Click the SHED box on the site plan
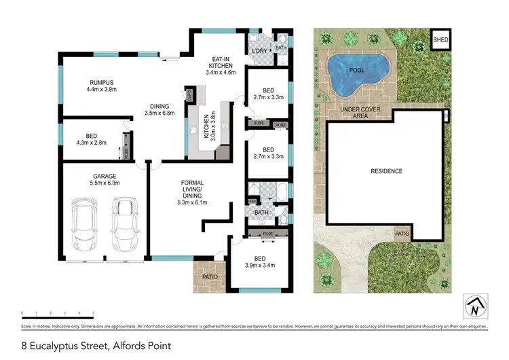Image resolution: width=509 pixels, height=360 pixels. point(440,41)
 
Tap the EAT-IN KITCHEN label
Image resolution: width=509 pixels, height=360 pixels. point(220,64)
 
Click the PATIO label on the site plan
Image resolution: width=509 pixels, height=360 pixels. point(402,234)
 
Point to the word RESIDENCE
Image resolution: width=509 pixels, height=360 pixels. point(385,171)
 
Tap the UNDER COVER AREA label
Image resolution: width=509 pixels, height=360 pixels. point(360,112)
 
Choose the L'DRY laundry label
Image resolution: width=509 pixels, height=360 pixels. point(259,52)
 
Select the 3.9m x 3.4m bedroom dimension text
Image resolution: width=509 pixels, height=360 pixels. point(260,266)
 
